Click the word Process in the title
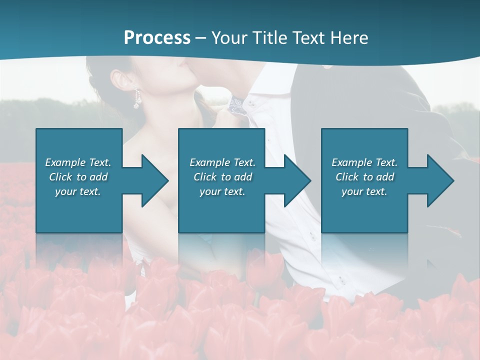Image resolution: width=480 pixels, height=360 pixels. pyautogui.click(x=157, y=37)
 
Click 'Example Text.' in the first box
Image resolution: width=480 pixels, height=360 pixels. pyautogui.click(x=78, y=162)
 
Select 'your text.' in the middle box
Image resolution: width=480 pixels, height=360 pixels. pyautogui.click(x=222, y=191)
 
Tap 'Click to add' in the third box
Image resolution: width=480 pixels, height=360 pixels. pyautogui.click(x=364, y=177)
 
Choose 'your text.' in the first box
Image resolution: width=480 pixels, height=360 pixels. pyautogui.click(x=78, y=191)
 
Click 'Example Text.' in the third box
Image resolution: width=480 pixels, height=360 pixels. pyautogui.click(x=364, y=162)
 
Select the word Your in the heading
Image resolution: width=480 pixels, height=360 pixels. pyautogui.click(x=229, y=37)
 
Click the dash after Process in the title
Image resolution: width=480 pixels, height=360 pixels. pyautogui.click(x=201, y=37)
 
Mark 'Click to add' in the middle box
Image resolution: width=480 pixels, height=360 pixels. pyautogui.click(x=222, y=177)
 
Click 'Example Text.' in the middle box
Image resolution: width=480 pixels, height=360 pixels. pyautogui.click(x=222, y=162)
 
